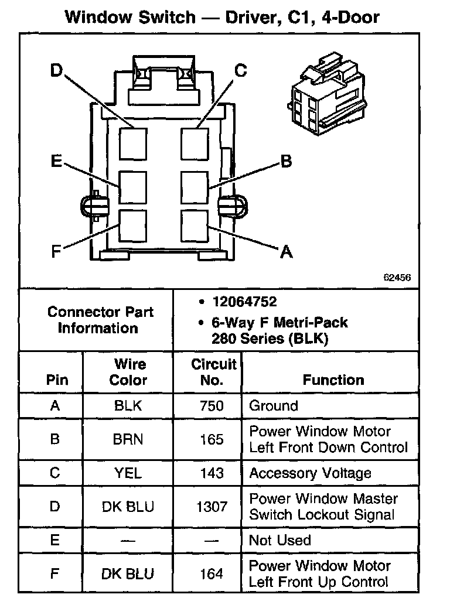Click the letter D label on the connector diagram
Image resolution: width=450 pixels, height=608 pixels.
[56, 71]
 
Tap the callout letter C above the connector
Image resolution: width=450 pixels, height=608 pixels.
[241, 71]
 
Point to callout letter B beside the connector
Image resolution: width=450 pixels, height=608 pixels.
[286, 161]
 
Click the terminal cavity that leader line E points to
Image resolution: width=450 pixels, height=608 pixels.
[133, 187]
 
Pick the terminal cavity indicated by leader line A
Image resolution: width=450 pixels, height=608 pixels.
[195, 224]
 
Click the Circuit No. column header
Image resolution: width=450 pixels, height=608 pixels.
[213, 372]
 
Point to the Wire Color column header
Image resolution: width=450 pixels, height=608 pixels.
[128, 372]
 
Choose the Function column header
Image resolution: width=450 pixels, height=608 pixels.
[333, 380]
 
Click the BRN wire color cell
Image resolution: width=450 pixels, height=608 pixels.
[128, 439]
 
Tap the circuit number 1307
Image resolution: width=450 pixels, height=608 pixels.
[212, 506]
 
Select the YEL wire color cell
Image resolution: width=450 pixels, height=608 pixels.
[128, 473]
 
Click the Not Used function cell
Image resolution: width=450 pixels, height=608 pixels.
[280, 539]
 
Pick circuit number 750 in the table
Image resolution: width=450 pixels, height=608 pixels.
[212, 406]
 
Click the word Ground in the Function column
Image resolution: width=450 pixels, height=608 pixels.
[274, 406]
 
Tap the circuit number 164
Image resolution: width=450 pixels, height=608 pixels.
[212, 573]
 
